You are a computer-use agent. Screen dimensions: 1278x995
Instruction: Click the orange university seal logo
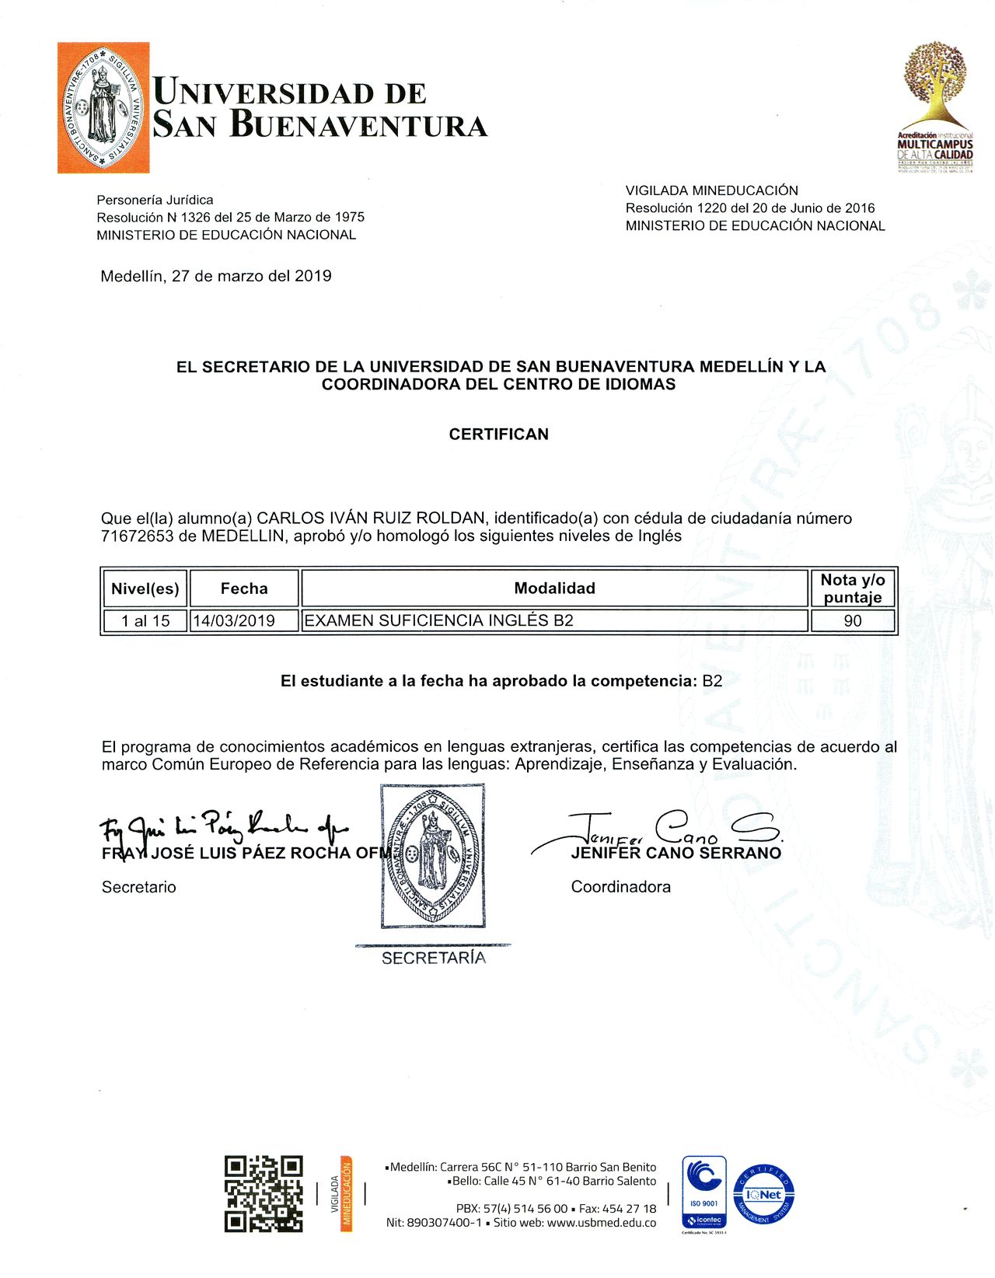pos(103,107)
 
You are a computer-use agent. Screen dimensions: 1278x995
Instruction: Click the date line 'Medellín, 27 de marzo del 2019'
pos(216,276)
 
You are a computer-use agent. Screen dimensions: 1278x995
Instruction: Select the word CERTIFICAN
pos(498,434)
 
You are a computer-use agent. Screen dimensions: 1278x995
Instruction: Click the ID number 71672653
pos(137,536)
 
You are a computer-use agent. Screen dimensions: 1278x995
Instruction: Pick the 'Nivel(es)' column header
pos(145,588)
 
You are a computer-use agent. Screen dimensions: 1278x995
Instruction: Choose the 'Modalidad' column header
pos(554,588)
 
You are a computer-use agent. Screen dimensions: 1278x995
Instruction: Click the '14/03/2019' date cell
pos(235,620)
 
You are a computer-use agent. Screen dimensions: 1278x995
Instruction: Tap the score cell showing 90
pos(853,620)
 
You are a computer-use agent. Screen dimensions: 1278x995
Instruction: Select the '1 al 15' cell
pos(145,620)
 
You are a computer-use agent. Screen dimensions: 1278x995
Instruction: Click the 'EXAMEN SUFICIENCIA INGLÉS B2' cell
pos(439,620)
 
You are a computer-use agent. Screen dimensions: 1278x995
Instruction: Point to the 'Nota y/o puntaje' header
pos(853,588)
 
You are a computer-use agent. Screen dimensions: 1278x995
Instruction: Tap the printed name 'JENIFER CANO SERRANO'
pos(676,853)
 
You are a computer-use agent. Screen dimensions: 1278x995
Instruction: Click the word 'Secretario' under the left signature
pos(139,887)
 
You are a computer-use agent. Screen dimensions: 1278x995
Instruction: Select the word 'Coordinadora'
pos(620,887)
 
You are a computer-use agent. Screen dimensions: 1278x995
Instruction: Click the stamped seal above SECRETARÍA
pos(433,855)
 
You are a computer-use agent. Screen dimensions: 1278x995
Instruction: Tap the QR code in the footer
pos(264,1193)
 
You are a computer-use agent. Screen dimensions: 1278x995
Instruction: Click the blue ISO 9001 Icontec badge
pos(704,1193)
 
